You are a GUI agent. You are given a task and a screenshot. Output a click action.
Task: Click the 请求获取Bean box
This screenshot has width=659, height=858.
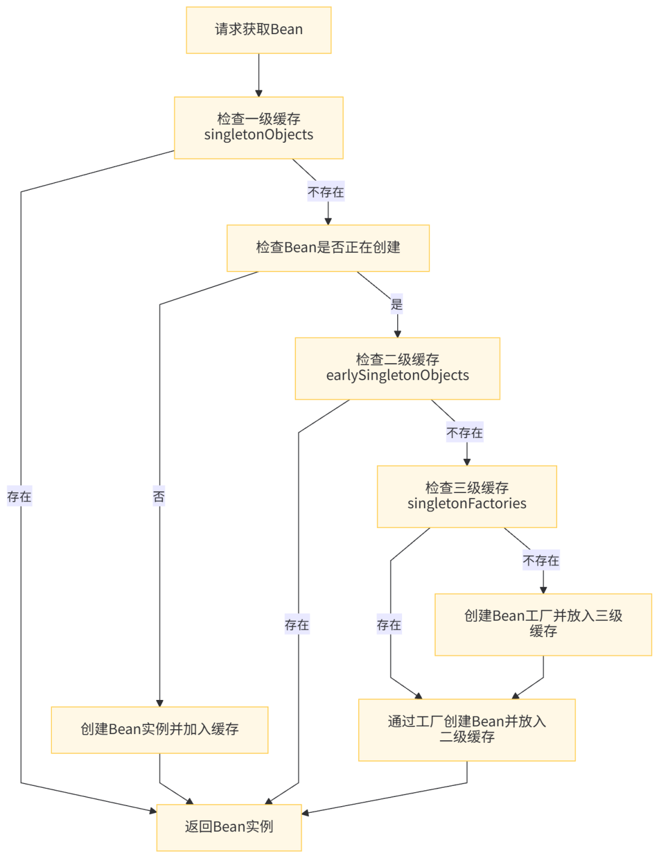tap(259, 30)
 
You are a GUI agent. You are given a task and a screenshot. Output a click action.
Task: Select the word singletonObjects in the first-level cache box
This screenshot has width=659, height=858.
tap(259, 135)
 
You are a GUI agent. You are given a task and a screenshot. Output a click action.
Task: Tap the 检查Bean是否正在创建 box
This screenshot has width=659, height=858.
tap(328, 248)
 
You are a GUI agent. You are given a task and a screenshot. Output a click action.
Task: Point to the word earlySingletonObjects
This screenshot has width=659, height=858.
tap(397, 376)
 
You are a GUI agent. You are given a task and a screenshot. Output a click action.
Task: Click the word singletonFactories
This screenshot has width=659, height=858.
tap(467, 504)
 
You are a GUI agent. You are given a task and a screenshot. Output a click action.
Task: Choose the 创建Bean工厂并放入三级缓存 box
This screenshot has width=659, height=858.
tap(543, 624)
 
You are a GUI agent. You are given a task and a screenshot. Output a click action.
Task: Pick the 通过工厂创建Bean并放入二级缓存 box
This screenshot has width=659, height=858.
tap(467, 729)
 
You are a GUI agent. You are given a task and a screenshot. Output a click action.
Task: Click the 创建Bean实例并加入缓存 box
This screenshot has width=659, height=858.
tap(160, 729)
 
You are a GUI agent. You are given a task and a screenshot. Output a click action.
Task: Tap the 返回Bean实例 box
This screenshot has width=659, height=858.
tap(229, 827)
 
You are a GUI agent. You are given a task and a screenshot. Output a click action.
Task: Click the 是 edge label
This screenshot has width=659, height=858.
tap(397, 304)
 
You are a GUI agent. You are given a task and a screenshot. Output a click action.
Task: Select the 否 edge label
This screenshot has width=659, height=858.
tap(159, 497)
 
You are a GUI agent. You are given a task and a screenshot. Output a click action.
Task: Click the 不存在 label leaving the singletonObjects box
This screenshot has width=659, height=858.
tap(326, 192)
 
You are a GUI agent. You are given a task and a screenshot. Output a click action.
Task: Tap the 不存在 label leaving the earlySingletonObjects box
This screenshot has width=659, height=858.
tap(465, 433)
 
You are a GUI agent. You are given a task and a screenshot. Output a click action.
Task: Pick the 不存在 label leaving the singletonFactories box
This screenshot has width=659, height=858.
tap(541, 561)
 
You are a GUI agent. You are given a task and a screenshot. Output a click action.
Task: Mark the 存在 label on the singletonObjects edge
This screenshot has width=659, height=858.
tap(20, 497)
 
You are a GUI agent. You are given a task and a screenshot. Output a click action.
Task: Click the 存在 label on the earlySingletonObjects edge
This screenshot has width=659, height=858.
tap(297, 625)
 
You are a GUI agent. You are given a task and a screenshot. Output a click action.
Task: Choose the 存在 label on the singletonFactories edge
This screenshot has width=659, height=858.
tap(389, 625)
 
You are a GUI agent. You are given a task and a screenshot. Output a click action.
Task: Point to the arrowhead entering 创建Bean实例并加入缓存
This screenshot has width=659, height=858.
tap(160, 702)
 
